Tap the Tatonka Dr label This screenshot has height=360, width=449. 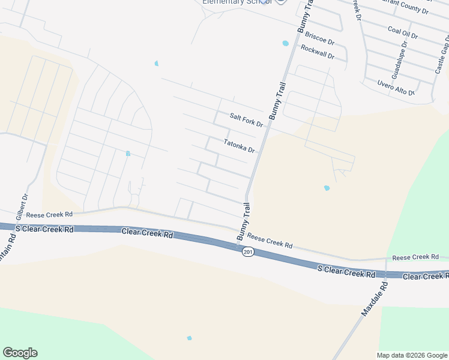tap(240, 146)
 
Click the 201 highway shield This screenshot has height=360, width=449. tap(248, 252)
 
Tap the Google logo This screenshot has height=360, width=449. tap(20, 353)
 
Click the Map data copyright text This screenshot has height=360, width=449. tap(412, 355)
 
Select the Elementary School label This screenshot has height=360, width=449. tap(237, 2)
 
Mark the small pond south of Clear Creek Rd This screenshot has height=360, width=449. tap(189, 338)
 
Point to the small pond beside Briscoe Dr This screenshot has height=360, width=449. tap(285, 43)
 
